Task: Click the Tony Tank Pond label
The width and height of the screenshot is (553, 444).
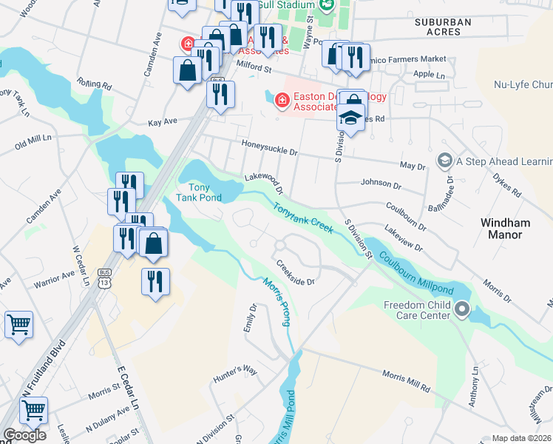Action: [199, 192]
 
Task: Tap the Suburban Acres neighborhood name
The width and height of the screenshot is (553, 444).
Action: [443, 27]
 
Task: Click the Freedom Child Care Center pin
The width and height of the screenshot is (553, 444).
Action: [463, 308]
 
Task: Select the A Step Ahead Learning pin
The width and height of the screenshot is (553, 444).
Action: [444, 160]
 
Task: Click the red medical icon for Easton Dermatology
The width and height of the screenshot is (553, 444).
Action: [280, 99]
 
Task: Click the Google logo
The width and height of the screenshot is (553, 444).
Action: [24, 435]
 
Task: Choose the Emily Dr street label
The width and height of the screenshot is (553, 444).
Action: [251, 317]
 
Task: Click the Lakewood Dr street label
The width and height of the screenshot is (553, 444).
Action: [264, 181]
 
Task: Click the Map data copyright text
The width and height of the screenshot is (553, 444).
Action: [521, 438]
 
